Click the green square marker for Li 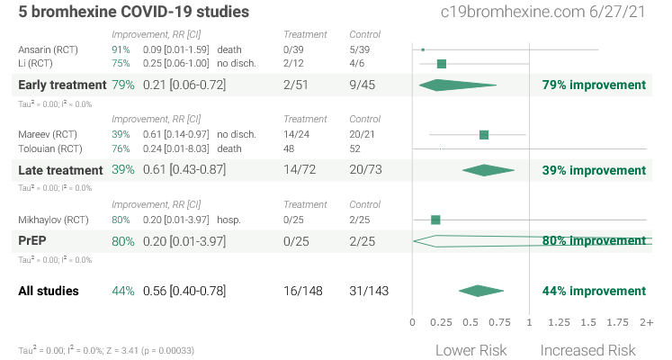(x=442, y=64)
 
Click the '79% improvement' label (x=594, y=85)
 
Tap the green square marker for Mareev (x=484, y=135)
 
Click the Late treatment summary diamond (x=487, y=170)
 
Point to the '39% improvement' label (x=594, y=170)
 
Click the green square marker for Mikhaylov (x=435, y=220)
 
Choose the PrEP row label (x=32, y=241)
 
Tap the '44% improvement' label (x=594, y=291)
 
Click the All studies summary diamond (x=480, y=291)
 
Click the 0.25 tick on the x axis (x=441, y=322)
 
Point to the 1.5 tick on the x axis (x=588, y=322)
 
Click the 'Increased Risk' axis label (x=587, y=350)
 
